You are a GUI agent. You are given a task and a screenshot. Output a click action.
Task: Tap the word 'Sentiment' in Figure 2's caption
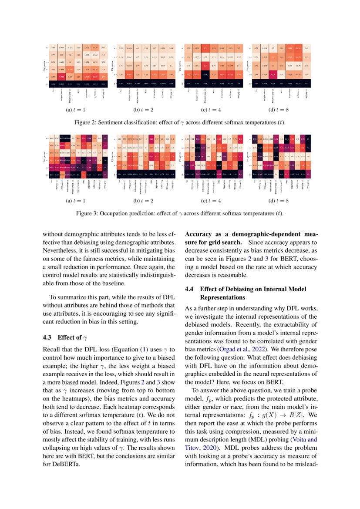tap(114, 122)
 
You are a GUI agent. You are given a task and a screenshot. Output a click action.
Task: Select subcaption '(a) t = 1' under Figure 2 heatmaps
tap(77, 110)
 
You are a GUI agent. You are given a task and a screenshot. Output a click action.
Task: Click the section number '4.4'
tap(190, 289)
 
